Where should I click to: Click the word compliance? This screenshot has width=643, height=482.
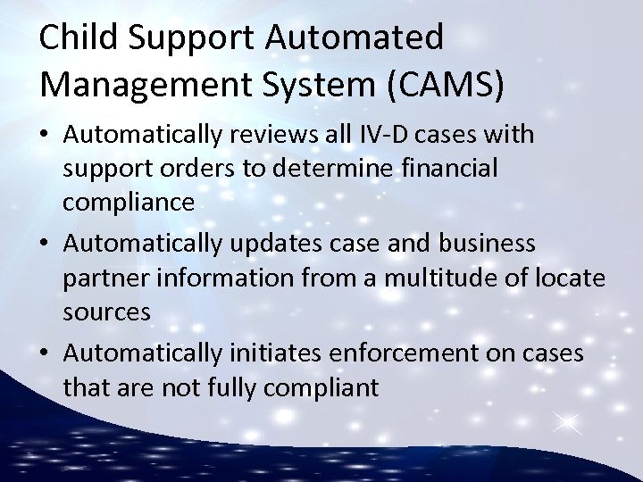click(x=129, y=203)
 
